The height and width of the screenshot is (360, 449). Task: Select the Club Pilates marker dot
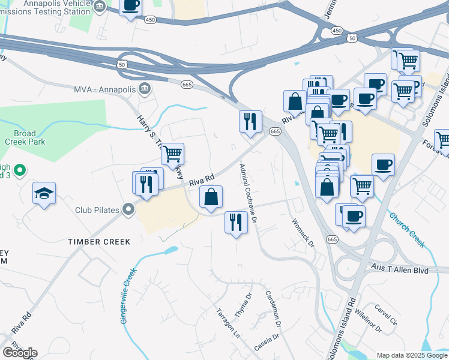[128, 210]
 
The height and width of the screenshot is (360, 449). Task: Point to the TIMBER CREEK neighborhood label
[98, 242]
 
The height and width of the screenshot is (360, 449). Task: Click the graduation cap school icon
[44, 193]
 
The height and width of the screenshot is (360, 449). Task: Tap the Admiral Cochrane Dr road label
[249, 193]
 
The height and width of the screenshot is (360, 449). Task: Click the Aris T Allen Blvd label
[399, 271]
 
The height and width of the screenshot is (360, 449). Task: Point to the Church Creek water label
[406, 229]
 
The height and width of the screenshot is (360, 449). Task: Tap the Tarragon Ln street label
[228, 323]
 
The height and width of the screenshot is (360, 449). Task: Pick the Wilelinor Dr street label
[368, 318]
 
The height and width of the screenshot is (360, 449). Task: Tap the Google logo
[20, 352]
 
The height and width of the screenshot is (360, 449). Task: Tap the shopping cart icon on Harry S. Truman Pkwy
[173, 154]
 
